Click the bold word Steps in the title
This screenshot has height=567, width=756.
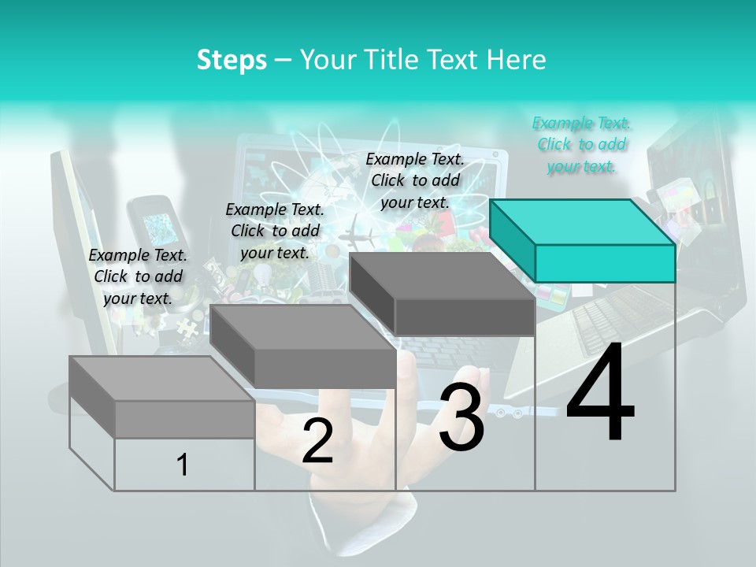point(232,60)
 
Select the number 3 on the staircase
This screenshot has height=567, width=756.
point(461,417)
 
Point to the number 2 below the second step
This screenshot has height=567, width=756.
point(317,441)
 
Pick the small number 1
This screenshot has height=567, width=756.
point(183,465)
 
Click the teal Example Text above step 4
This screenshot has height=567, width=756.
point(581,144)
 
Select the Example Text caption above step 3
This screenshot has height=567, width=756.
point(415,180)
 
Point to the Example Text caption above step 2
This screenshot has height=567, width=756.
point(275,231)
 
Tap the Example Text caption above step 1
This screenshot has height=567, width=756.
point(138,276)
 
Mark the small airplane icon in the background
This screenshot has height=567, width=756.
point(359,234)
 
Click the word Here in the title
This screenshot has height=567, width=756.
point(518,60)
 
